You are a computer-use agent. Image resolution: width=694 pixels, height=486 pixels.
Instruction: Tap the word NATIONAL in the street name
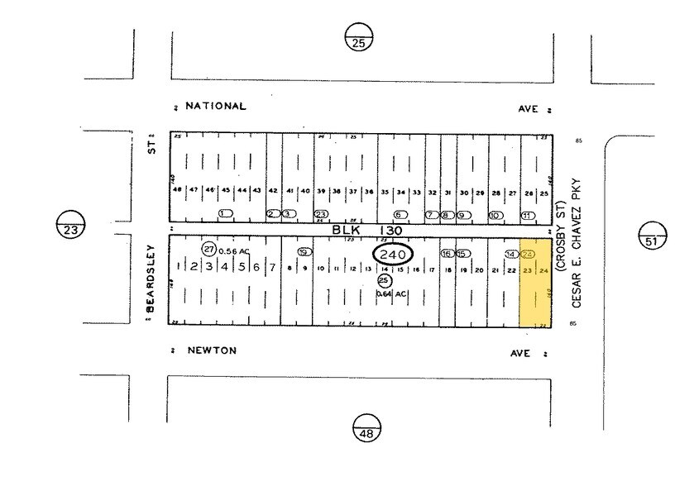tap(216, 107)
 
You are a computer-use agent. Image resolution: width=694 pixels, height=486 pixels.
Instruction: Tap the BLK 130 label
tap(369, 231)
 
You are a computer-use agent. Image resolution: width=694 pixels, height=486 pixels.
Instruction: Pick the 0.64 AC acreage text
tap(391, 294)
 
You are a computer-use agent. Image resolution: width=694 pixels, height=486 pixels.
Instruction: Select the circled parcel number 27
tap(209, 249)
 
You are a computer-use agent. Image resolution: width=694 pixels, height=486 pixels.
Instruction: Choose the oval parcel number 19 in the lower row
tap(304, 251)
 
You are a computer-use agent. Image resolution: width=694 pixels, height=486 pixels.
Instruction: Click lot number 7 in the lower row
tap(272, 268)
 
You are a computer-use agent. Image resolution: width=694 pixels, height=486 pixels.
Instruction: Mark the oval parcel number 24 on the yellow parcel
tap(529, 254)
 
